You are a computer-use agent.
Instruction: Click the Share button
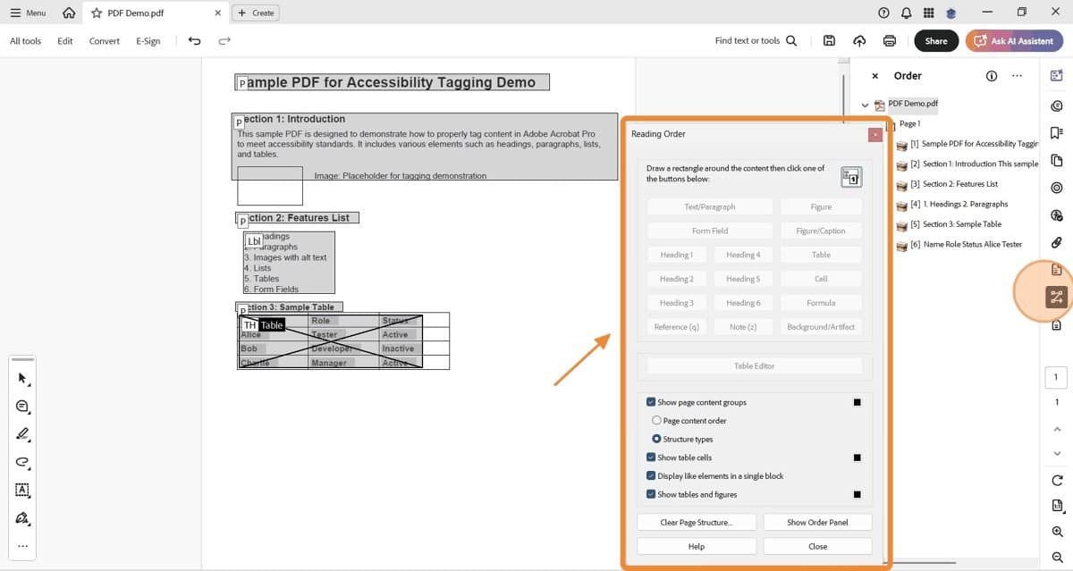click(x=935, y=41)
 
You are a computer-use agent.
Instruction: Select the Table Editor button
click(x=754, y=365)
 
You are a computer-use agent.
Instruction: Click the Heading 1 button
click(x=676, y=255)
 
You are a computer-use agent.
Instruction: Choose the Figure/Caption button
click(x=820, y=231)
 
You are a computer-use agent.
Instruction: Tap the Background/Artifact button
click(x=820, y=327)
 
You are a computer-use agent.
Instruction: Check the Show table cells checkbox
click(x=651, y=458)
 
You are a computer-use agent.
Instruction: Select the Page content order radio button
click(x=657, y=421)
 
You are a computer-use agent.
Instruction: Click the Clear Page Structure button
click(x=696, y=522)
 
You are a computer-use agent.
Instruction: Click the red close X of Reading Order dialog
click(x=874, y=134)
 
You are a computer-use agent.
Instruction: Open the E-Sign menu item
click(x=148, y=41)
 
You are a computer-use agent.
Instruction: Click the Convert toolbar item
click(x=104, y=41)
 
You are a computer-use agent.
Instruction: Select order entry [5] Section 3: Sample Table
click(x=961, y=224)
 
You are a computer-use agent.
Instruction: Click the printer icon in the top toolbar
click(x=889, y=41)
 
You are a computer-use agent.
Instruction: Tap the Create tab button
click(x=256, y=13)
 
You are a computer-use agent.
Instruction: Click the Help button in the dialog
click(x=696, y=546)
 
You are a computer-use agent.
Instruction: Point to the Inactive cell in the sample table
click(x=398, y=348)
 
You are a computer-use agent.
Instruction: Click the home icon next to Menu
click(x=69, y=13)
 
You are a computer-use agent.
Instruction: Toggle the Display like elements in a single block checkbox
click(x=651, y=476)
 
